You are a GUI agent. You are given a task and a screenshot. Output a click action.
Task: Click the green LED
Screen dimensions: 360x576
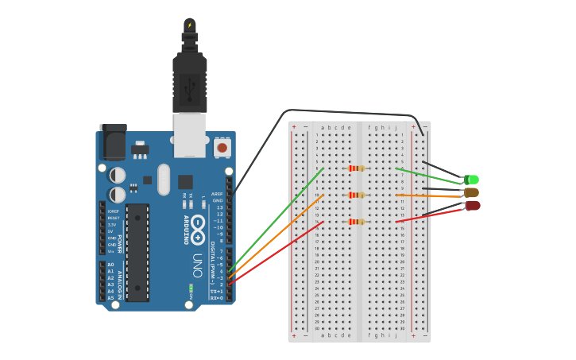(472, 180)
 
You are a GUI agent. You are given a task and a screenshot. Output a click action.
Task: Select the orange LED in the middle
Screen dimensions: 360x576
(471, 192)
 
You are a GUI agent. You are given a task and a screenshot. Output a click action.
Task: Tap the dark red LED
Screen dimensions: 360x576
(473, 205)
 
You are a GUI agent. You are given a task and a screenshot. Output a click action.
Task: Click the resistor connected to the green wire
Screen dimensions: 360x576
(356, 168)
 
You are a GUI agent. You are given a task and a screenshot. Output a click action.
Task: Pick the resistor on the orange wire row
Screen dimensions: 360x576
(356, 195)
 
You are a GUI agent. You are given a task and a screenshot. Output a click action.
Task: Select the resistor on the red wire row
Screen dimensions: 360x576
(356, 222)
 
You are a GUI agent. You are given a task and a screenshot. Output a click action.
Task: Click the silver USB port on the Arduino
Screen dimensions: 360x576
(190, 134)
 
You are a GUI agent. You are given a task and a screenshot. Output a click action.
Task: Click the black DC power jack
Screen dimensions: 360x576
(112, 143)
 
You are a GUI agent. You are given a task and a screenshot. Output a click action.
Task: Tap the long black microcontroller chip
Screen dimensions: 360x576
(137, 253)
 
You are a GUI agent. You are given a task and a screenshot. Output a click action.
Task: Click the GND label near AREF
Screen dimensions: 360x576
(218, 200)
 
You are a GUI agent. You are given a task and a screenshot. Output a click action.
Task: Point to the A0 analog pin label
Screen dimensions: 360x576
(110, 265)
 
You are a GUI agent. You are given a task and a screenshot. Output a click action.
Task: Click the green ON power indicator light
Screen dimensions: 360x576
(190, 286)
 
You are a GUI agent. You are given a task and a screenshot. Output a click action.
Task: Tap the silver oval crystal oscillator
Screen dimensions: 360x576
(164, 179)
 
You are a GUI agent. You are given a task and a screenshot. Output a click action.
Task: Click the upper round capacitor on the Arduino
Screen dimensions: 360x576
(118, 174)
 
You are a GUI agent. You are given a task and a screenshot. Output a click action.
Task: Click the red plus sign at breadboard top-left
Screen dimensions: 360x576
(294, 126)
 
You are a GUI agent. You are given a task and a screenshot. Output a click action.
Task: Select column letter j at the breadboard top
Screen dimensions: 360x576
(396, 127)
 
